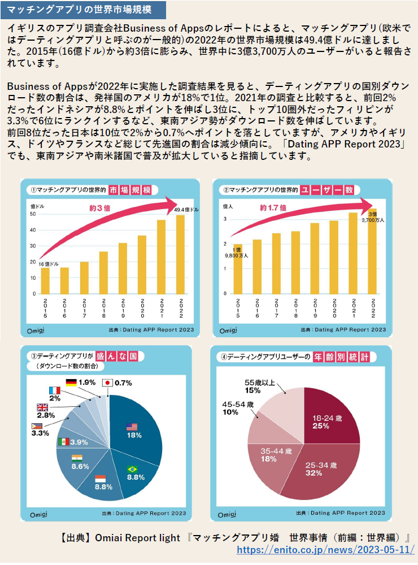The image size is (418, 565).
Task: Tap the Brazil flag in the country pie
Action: tap(133, 469)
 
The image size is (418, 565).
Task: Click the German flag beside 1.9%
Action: tap(72, 382)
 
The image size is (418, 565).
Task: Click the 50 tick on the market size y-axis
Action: tap(32, 214)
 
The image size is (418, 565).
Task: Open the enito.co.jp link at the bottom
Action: tap(325, 549)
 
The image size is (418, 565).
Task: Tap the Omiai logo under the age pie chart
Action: tap(228, 514)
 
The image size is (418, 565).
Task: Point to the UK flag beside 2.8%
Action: tap(42, 407)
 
